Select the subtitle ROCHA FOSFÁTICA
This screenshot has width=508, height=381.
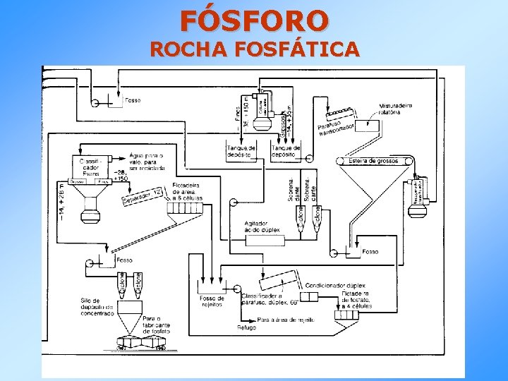click(x=254, y=49)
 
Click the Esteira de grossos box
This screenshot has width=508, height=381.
click(x=374, y=161)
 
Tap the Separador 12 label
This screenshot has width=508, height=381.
click(x=143, y=198)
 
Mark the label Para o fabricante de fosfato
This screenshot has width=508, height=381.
click(x=157, y=324)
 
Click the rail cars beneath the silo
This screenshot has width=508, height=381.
click(x=142, y=344)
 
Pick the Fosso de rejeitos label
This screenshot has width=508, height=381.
click(x=212, y=301)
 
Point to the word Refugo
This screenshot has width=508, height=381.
click(x=246, y=327)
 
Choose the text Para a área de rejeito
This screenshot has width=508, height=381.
click(x=286, y=320)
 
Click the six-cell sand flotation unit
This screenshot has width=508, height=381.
click(x=185, y=209)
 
